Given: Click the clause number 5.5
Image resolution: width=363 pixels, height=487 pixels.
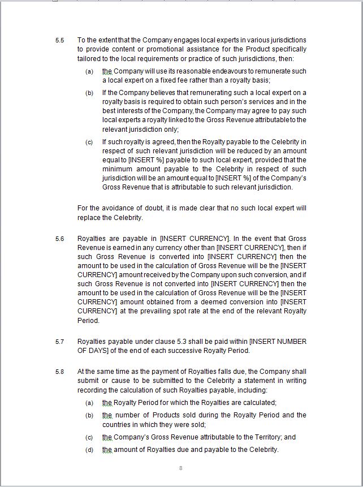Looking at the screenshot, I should [59, 40].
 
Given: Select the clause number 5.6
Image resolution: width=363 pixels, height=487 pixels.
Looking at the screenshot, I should [59, 239].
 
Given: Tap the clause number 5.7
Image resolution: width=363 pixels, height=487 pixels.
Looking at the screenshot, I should [59, 342].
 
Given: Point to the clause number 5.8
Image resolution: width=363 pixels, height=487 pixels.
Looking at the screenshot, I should [59, 372].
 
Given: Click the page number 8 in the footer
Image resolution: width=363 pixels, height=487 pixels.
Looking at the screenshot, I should [180, 468].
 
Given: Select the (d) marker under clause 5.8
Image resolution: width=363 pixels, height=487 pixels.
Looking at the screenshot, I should [89, 450].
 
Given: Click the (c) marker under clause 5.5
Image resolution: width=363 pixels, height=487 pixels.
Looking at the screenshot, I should [89, 142].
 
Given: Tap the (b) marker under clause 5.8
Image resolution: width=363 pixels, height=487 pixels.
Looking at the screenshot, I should [89, 416].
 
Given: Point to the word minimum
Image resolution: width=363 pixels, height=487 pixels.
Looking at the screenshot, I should [116, 169].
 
